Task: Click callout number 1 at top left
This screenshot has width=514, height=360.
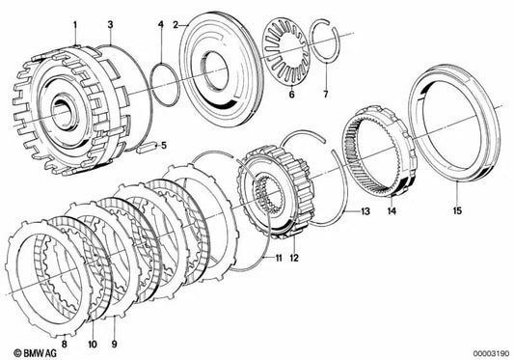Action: (x=75, y=21)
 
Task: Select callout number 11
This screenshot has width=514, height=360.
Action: (x=278, y=260)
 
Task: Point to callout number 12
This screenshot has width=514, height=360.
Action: (x=295, y=260)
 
